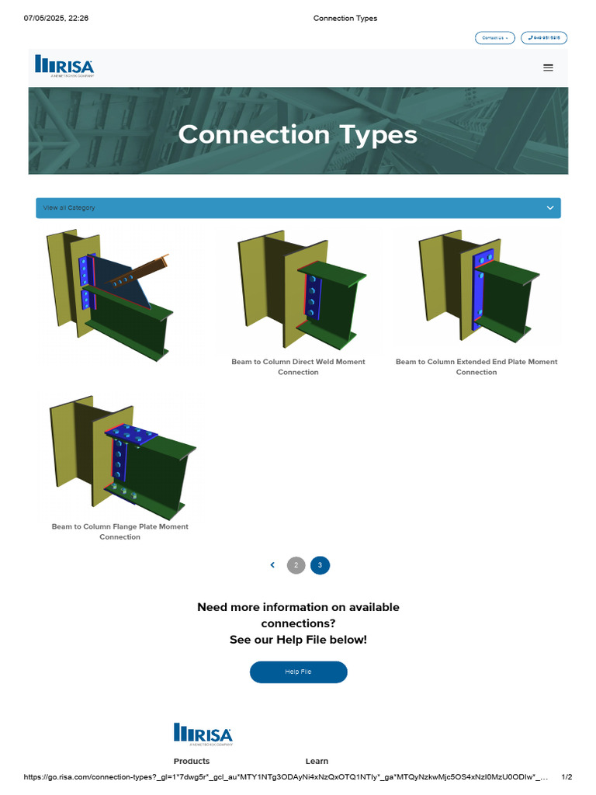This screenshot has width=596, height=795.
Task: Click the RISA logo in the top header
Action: tap(64, 66)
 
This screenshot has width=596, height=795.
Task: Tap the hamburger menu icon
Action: tap(548, 68)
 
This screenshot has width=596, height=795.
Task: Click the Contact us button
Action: tap(494, 38)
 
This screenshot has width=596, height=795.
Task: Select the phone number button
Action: tap(544, 38)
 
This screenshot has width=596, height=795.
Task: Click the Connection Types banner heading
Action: tap(298, 134)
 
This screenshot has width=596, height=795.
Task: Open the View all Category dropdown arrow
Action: tap(549, 208)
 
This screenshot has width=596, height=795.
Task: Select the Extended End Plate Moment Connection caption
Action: tap(476, 366)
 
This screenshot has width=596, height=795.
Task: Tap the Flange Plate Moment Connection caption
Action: tap(120, 531)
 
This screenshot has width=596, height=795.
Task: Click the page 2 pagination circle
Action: tap(296, 565)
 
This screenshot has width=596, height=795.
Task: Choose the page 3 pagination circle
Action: tap(320, 565)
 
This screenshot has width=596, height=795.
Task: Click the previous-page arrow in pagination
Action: tap(272, 565)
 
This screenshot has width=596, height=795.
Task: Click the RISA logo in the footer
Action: tap(203, 734)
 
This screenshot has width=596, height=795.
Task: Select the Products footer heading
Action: tap(192, 761)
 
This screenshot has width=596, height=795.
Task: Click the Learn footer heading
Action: tap(317, 761)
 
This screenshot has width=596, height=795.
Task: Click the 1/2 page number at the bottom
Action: tap(567, 776)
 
